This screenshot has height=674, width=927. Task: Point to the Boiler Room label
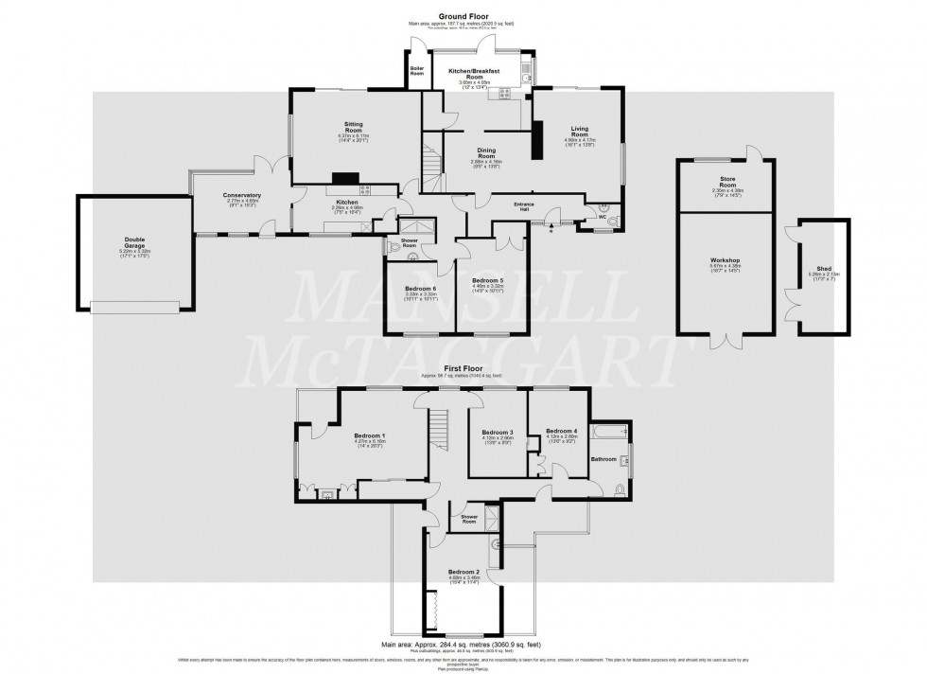click(x=416, y=69)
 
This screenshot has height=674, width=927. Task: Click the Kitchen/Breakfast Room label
click(x=477, y=74)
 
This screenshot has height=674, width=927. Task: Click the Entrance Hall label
click(x=524, y=204)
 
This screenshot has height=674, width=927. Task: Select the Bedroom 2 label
click(x=463, y=573)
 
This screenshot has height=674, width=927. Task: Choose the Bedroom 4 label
click(x=561, y=431)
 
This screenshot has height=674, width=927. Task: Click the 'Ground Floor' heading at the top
click(x=463, y=16)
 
